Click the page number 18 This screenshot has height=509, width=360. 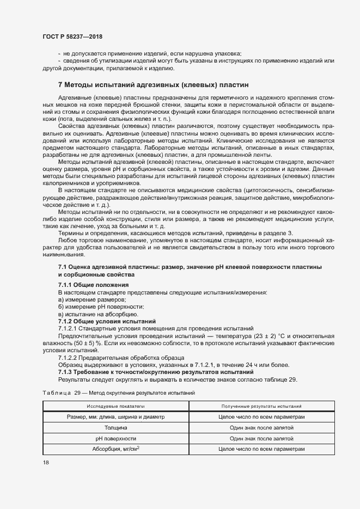pyautogui.click(x=46, y=462)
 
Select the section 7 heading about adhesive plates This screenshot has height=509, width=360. pyautogui.click(x=152, y=85)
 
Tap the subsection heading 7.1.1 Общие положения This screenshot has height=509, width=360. pyautogui.click(x=93, y=285)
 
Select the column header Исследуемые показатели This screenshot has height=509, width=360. pyautogui.click(x=116, y=406)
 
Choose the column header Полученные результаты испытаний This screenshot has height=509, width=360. pyautogui.click(x=261, y=406)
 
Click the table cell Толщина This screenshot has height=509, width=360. pyautogui.click(x=116, y=427)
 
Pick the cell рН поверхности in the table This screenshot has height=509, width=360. pyautogui.click(x=116, y=438)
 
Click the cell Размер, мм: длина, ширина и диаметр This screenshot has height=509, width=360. pyautogui.click(x=116, y=416)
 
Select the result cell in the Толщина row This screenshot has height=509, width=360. pyautogui.click(x=261, y=427)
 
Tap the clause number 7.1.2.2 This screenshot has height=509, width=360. pyautogui.click(x=69, y=357)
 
